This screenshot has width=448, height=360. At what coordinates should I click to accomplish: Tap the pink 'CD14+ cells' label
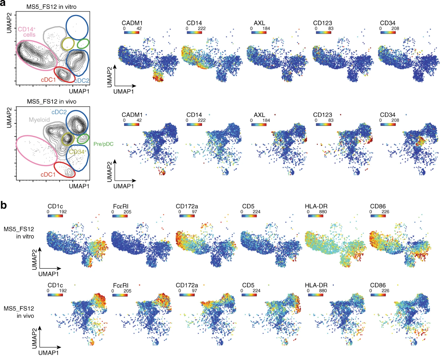(x=27, y=32)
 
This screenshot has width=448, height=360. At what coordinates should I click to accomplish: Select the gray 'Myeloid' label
(x=39, y=120)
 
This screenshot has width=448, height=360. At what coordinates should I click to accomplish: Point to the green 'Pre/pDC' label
(x=103, y=144)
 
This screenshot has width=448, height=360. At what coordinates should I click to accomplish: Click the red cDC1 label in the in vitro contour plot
(x=48, y=80)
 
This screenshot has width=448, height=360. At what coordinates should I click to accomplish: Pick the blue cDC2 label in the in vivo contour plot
(x=59, y=112)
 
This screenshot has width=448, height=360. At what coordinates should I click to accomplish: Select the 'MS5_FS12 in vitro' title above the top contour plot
(x=52, y=6)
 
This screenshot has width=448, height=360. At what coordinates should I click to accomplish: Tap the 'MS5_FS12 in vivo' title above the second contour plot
(x=52, y=102)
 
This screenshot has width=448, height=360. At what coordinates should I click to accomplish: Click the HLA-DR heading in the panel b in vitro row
(x=316, y=206)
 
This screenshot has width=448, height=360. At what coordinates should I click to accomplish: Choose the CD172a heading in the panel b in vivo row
(x=187, y=285)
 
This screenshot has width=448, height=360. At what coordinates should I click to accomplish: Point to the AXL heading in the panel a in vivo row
(x=259, y=115)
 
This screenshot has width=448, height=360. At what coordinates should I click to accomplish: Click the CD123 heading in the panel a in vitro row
(x=322, y=23)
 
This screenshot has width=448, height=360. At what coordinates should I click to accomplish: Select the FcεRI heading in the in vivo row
(x=120, y=286)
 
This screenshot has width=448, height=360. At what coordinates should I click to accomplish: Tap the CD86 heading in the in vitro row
(x=378, y=206)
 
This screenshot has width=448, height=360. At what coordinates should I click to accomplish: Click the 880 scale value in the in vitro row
(x=323, y=212)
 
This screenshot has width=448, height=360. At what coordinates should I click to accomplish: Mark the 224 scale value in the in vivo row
(x=256, y=291)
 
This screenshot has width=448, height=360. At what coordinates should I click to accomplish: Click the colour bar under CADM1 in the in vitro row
(x=131, y=32)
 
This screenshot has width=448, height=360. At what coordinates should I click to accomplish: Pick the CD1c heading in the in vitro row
(x=55, y=206)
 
